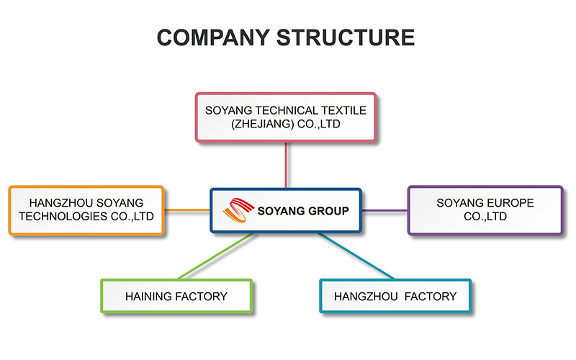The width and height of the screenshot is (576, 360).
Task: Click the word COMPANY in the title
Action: pos(213,37)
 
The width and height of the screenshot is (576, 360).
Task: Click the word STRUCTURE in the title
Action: pos(346,37)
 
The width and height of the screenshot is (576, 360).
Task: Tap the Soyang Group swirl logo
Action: pos(238,210)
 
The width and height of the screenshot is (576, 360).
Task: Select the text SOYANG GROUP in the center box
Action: pos(303,211)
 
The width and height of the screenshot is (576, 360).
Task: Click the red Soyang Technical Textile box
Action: pos(286,117)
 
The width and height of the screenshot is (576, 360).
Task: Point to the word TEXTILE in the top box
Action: pos(343,111)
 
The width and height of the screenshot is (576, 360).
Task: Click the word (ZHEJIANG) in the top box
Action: pos(263,124)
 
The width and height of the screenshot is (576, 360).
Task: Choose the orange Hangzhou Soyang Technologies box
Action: pos(86,210)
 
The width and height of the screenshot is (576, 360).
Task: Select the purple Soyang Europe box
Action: pos(485,210)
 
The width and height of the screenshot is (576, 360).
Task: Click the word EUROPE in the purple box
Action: pos(510,203)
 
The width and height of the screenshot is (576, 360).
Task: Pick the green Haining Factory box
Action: pos(176,296)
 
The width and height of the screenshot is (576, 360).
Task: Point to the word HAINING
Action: pos(148,297)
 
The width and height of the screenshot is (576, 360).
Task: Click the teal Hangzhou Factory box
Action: pos(395,296)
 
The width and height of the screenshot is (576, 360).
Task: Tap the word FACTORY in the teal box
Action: pos(431,297)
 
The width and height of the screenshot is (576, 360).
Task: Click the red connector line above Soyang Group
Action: pos(286,165)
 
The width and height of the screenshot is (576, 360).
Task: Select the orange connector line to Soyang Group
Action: pos(187,210)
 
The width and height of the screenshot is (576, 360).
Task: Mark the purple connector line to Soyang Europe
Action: pos(384,210)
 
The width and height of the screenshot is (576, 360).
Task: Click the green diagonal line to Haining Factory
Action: pos(216,256)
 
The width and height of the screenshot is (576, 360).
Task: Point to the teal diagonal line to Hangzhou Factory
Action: pos(356,256)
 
